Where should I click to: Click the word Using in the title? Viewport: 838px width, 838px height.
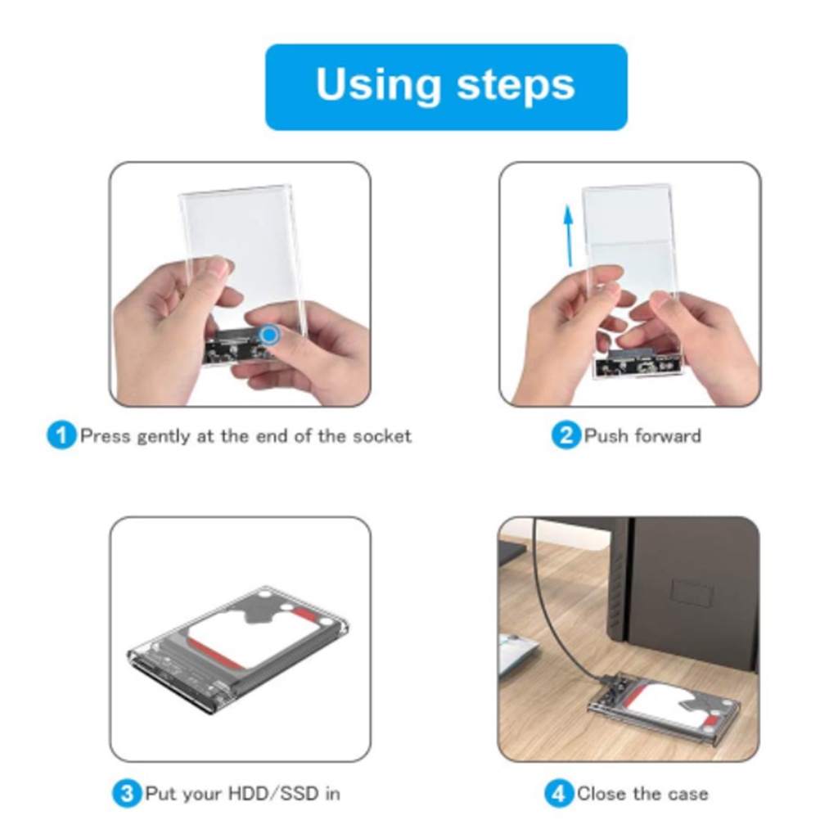click(x=378, y=85)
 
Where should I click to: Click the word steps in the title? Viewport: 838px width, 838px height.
click(x=516, y=85)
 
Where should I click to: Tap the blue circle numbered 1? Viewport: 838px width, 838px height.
click(x=61, y=435)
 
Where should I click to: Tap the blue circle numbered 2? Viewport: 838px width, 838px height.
click(x=566, y=435)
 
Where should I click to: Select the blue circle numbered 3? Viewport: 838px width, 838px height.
click(x=127, y=793)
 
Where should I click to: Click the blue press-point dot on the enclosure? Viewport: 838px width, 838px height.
click(x=269, y=335)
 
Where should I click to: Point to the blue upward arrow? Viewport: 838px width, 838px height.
click(x=570, y=236)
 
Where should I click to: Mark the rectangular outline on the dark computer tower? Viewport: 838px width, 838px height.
click(x=693, y=592)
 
